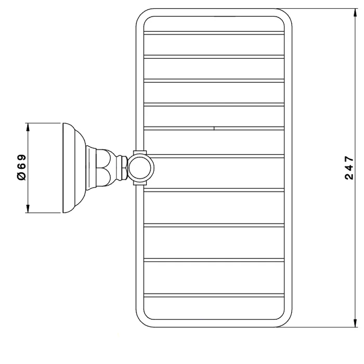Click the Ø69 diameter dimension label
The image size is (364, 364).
(x=22, y=167)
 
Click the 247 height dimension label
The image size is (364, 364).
(x=349, y=168)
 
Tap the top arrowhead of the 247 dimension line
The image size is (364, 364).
(x=355, y=13)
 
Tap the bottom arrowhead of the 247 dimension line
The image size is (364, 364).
(x=355, y=323)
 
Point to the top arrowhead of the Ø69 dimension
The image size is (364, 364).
(x=28, y=127)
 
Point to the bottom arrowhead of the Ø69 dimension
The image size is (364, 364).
(x=28, y=209)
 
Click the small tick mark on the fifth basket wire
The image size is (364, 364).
(x=214, y=128)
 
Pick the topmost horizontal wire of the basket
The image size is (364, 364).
(x=214, y=33)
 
